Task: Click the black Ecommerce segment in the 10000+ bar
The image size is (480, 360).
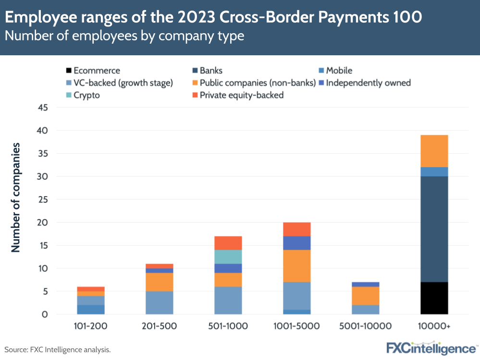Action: (x=434, y=298)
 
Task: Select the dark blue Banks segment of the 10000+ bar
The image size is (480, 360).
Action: (x=434, y=229)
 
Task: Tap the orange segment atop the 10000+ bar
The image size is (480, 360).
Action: (x=434, y=151)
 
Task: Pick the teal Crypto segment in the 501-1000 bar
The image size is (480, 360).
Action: (x=228, y=257)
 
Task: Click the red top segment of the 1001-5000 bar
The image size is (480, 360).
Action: (x=296, y=229)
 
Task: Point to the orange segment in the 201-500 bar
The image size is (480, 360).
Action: (x=159, y=282)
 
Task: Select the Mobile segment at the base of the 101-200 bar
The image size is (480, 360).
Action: (x=90, y=310)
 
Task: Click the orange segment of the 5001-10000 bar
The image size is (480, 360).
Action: (x=365, y=296)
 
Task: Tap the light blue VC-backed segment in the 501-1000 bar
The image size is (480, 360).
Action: (x=228, y=300)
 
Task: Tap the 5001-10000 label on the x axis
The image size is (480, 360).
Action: (x=365, y=326)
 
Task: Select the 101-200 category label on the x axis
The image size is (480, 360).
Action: (x=90, y=326)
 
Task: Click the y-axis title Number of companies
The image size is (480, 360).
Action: (x=16, y=197)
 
